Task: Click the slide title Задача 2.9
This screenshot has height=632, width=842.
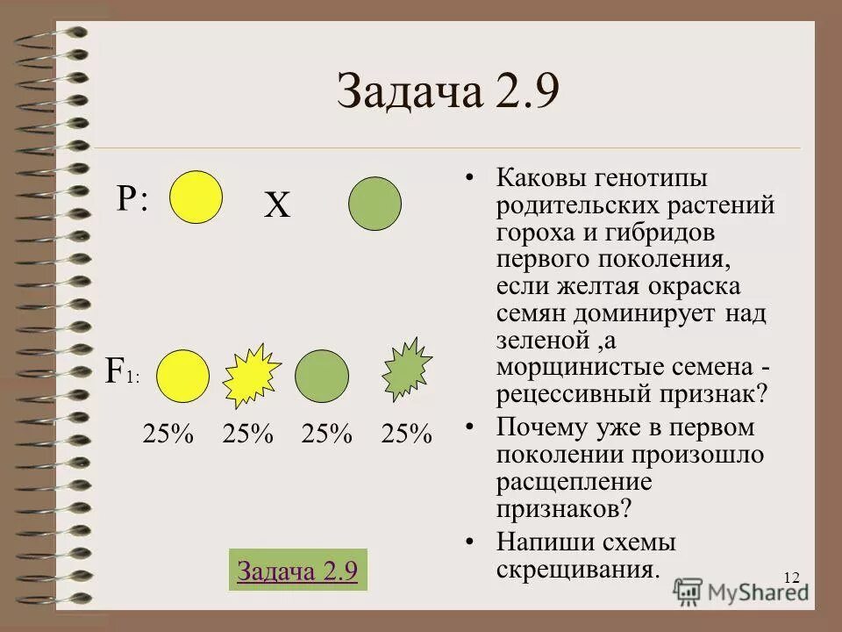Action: (x=447, y=92)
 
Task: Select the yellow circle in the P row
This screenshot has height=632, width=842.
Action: (x=196, y=197)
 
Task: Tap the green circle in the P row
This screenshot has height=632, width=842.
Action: (x=375, y=204)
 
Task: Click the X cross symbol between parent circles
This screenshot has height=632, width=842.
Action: (x=277, y=207)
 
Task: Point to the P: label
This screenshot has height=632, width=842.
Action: (x=132, y=199)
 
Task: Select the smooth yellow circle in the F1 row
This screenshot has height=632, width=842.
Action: (x=183, y=376)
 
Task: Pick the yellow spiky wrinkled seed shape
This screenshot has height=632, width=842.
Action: (x=251, y=376)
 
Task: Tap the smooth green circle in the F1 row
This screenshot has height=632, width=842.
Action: (x=322, y=376)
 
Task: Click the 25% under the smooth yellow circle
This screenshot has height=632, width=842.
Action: (x=168, y=434)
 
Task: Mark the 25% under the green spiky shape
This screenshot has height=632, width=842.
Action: (x=407, y=434)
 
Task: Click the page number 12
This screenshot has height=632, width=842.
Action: (x=791, y=577)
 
